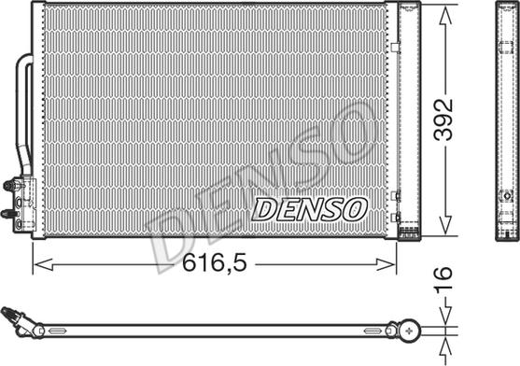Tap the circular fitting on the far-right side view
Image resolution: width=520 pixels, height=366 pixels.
tap(506, 195)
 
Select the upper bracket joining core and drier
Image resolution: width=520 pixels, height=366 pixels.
tap(397, 46)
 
